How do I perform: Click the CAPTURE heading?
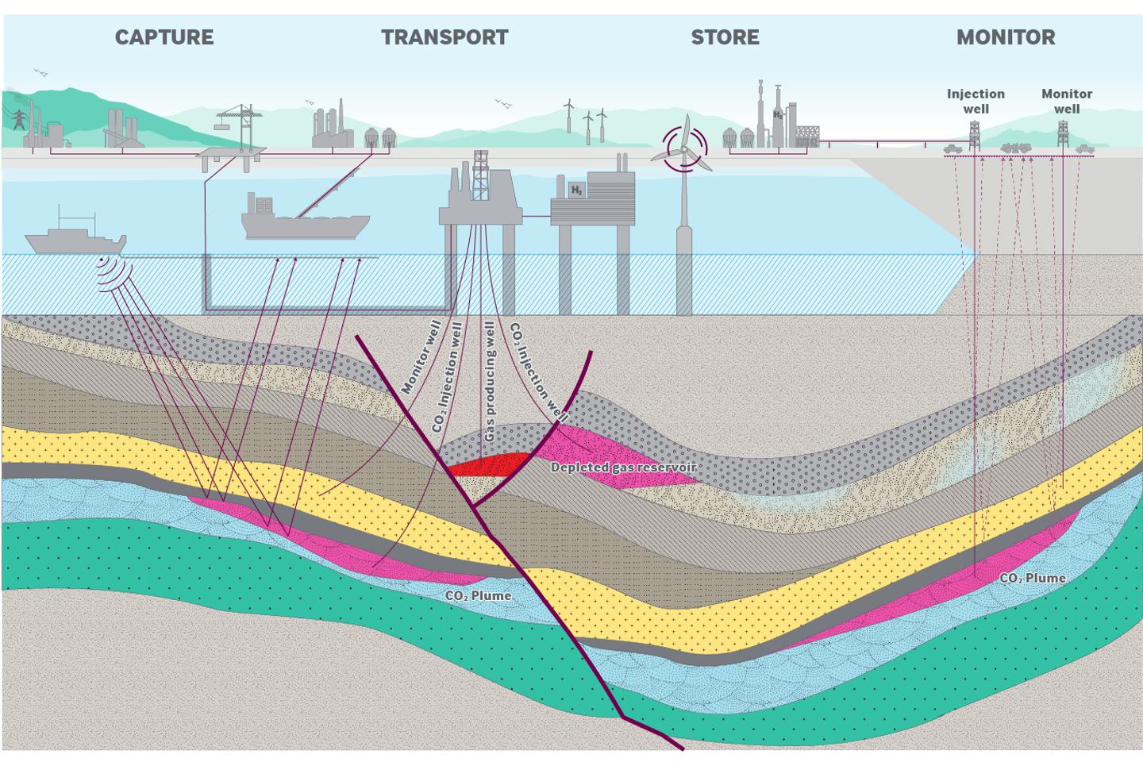point(164,37)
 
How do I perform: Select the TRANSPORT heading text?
point(444,37)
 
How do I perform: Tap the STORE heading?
point(725,37)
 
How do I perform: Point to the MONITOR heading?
point(1006,37)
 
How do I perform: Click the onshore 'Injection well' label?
point(976,101)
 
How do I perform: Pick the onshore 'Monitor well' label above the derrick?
point(1067,101)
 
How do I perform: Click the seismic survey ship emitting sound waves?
point(75,239)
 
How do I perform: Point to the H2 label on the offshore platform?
point(577,190)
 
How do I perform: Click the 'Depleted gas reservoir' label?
point(623,468)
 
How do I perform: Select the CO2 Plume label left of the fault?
point(478,595)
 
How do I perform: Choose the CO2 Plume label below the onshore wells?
point(1032,578)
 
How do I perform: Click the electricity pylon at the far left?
point(17,119)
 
